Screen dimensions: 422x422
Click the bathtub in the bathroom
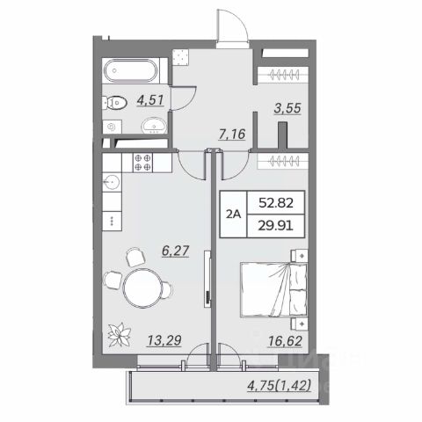(131, 71)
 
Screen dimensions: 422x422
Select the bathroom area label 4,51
(150, 100)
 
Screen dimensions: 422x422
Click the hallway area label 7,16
(232, 135)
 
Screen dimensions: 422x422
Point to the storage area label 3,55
(287, 108)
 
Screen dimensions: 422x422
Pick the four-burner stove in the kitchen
(142, 163)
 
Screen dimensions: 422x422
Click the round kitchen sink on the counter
(112, 183)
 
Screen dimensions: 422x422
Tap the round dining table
(143, 287)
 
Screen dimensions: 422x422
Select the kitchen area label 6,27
(176, 251)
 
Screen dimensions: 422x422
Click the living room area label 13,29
(164, 340)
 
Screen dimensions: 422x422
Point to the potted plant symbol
(119, 334)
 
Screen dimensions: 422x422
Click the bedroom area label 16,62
(285, 341)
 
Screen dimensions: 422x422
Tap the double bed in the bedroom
(273, 289)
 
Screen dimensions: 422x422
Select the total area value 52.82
(276, 203)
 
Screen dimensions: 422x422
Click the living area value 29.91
(276, 226)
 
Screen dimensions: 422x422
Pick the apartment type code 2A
(234, 215)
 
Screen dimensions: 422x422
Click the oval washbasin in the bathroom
(154, 127)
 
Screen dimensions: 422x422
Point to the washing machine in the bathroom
(112, 127)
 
